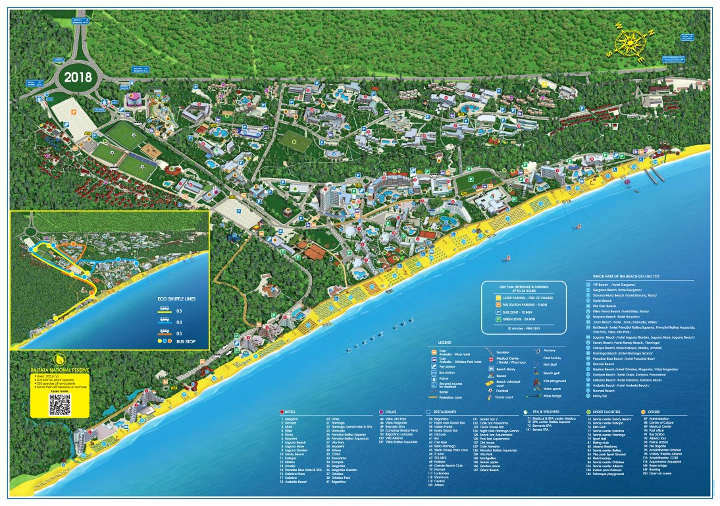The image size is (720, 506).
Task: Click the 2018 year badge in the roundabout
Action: point(79,76)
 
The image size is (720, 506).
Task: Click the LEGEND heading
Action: point(446,343)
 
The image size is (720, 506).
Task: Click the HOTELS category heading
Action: point(293,412)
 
